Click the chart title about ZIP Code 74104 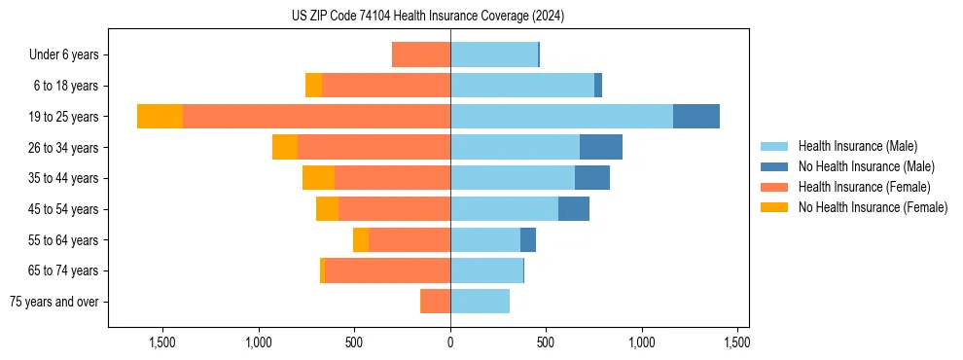[427, 16]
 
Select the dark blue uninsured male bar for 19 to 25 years [696, 117]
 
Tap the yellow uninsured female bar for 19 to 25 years [160, 117]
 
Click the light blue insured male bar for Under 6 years [494, 54]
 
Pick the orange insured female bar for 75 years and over [435, 302]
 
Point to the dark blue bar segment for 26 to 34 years [601, 147]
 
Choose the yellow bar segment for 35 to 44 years [318, 178]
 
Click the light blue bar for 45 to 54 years [504, 209]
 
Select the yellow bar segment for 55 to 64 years [361, 240]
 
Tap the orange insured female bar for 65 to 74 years [387, 270]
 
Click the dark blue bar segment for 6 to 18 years [598, 86]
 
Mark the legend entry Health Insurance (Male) [857, 146]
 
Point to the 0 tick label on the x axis [450, 342]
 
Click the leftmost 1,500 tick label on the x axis [161, 342]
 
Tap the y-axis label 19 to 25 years [64, 117]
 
